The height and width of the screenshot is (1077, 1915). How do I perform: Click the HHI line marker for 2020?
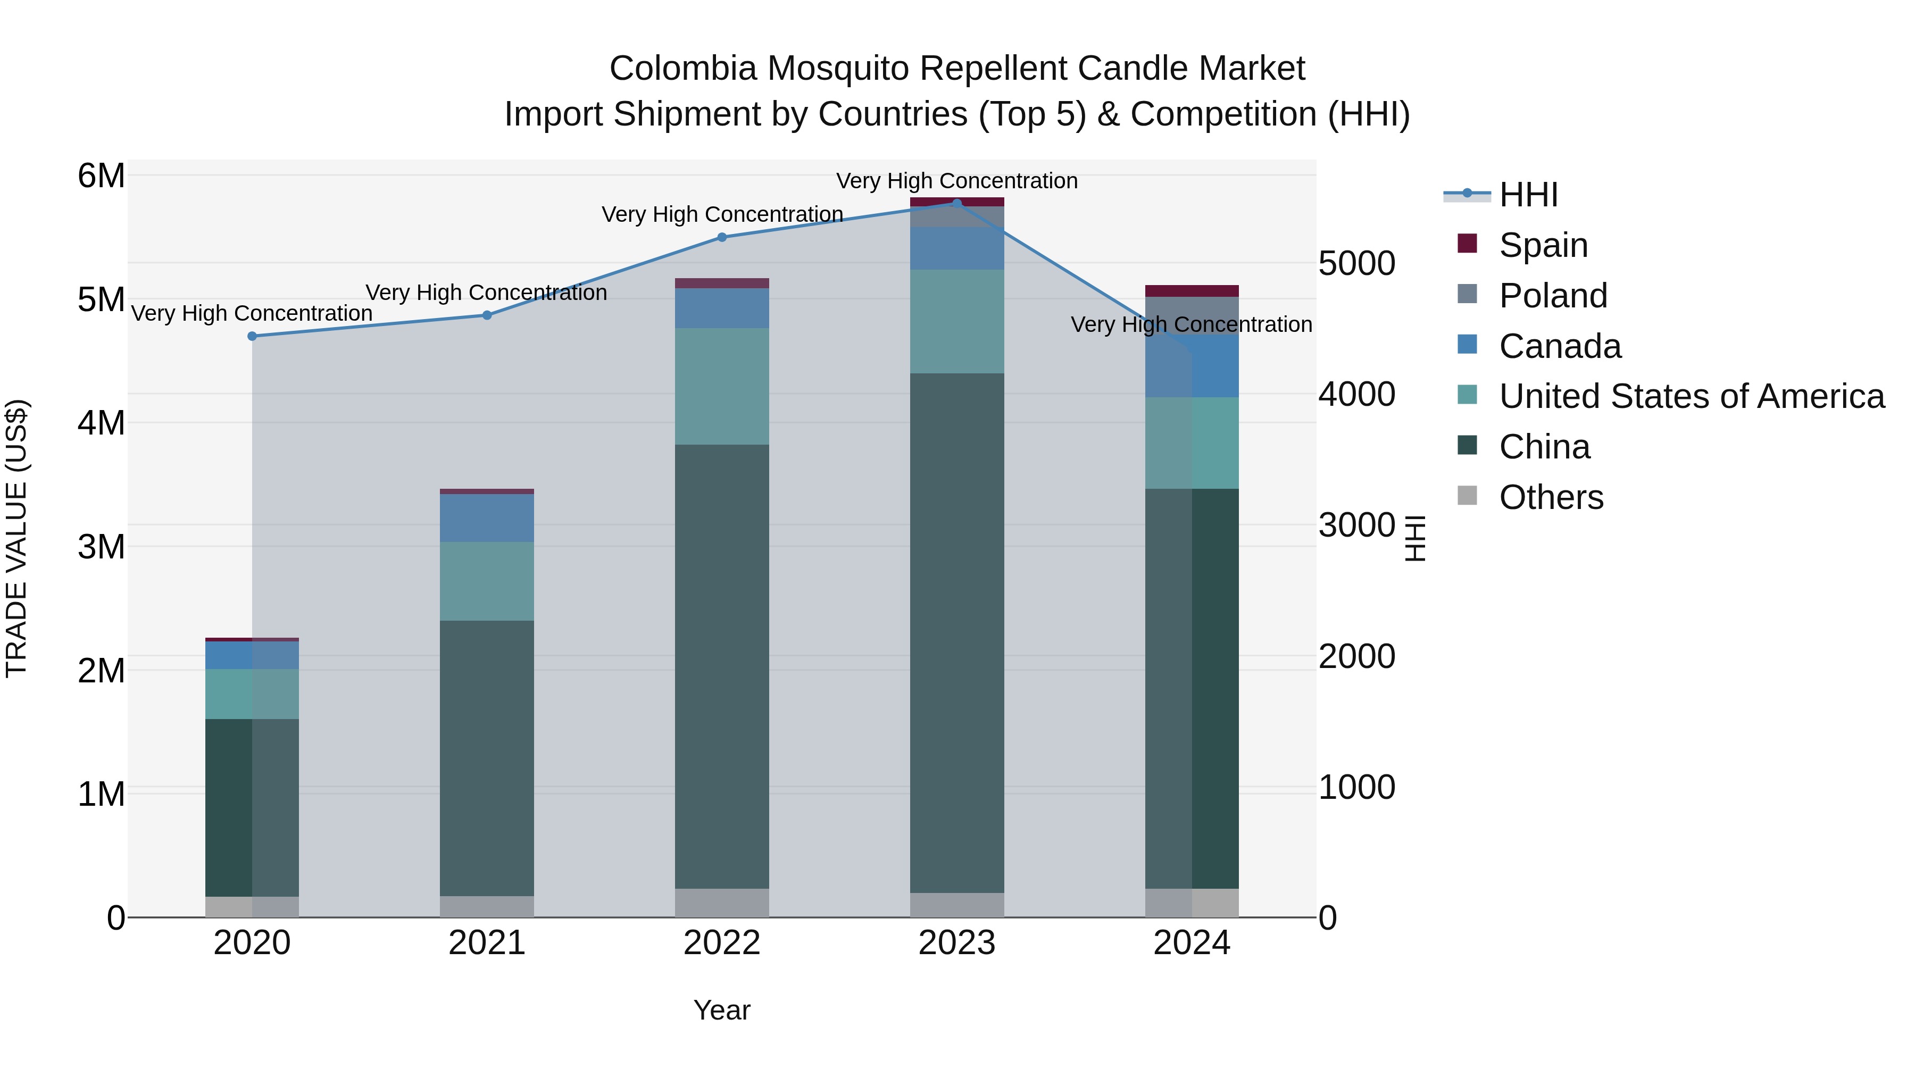click(252, 336)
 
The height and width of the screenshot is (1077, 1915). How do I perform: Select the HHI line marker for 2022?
click(722, 237)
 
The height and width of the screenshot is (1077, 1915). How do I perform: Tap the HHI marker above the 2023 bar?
click(957, 203)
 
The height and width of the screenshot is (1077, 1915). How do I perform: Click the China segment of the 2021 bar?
click(487, 758)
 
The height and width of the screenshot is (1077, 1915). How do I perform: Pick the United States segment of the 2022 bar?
click(722, 387)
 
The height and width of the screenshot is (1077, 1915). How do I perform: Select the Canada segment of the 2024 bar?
click(1192, 366)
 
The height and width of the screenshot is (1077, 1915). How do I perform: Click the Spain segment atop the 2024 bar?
click(1192, 290)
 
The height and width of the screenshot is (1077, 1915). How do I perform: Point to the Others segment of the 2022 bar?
click(722, 903)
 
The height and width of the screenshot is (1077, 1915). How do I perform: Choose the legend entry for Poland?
click(1552, 296)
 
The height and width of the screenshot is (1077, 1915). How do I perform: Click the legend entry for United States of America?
click(1691, 396)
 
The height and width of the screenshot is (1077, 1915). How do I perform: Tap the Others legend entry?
click(1551, 497)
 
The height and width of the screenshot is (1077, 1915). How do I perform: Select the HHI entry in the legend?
click(1528, 195)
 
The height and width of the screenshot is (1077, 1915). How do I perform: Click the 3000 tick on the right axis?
click(1356, 525)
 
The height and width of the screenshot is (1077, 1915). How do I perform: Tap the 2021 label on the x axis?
click(487, 943)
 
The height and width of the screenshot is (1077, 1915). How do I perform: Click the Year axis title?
click(722, 1010)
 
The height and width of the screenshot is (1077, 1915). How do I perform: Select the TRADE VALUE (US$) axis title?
click(16, 538)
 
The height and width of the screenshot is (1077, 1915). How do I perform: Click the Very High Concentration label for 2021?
click(486, 293)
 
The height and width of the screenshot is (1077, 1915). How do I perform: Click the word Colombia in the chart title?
click(682, 69)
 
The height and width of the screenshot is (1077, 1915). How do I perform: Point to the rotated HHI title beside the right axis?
click(1416, 538)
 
